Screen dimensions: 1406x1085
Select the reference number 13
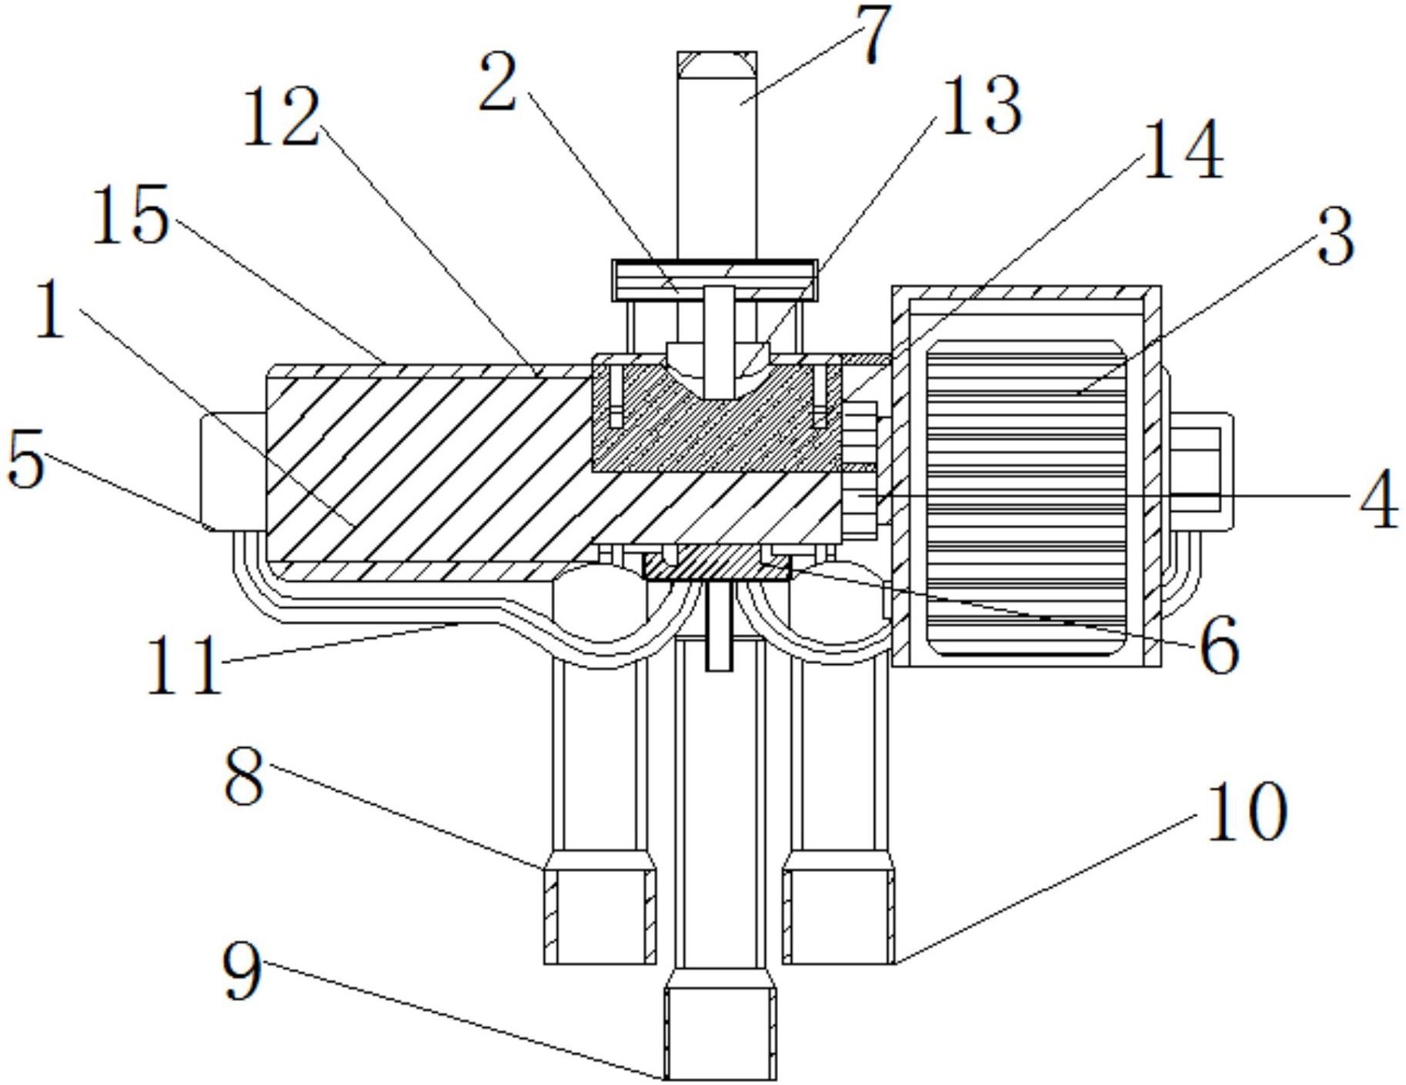point(981,105)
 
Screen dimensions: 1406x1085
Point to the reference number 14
point(1183,149)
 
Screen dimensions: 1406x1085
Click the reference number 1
point(51,309)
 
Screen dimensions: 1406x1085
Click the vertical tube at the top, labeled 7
point(717,154)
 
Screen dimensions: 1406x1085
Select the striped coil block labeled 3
point(1027,498)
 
